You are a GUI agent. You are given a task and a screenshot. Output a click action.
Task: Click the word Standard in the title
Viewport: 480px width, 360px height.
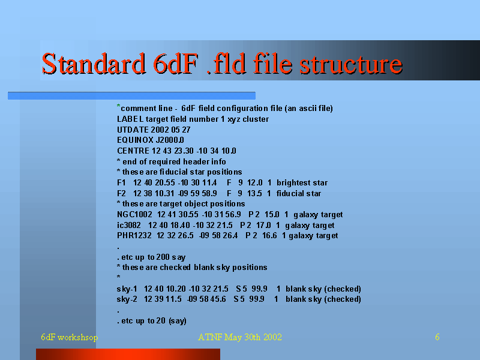click(x=94, y=64)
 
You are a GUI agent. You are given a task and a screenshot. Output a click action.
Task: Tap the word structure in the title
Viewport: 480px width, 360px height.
click(x=351, y=64)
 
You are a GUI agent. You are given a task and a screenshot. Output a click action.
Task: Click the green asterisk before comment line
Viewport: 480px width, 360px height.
click(x=118, y=106)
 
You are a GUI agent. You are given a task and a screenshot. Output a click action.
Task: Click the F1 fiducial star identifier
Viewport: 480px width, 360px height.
click(x=121, y=183)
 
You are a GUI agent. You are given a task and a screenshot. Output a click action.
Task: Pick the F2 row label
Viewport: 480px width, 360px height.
click(x=121, y=193)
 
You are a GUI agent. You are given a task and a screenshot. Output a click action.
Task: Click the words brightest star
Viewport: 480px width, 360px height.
click(x=302, y=183)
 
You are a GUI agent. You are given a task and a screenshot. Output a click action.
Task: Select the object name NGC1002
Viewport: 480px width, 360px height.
click(x=134, y=215)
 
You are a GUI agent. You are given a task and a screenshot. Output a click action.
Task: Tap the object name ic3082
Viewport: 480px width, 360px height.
click(x=128, y=226)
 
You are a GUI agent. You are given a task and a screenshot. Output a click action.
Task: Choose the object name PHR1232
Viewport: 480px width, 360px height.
click(x=134, y=236)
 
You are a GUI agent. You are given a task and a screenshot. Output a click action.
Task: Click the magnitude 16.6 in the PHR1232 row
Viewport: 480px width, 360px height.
click(x=269, y=236)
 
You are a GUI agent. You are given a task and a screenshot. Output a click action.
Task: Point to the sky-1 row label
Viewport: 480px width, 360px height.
click(x=127, y=289)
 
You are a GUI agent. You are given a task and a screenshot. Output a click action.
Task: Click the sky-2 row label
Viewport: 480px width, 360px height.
click(x=127, y=299)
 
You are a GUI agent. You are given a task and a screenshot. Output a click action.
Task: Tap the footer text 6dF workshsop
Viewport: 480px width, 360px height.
click(x=70, y=337)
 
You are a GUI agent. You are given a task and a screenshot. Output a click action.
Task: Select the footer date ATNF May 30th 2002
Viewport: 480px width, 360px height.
click(x=240, y=337)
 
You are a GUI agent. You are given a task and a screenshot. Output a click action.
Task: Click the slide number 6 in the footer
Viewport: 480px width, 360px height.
click(x=437, y=337)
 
